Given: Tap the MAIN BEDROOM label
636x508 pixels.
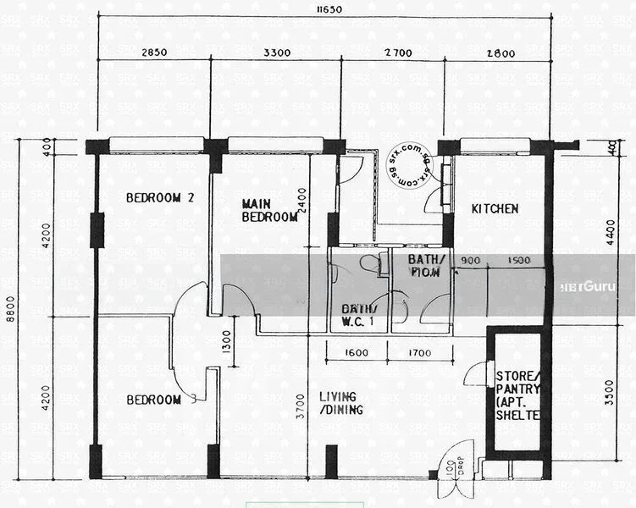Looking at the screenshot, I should [x=269, y=210].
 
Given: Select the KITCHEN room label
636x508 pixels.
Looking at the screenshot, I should [x=495, y=209].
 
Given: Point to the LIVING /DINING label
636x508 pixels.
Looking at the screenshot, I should [x=341, y=403].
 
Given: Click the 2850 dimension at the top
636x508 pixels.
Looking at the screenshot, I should [x=154, y=52].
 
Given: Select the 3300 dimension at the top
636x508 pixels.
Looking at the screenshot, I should [x=277, y=52].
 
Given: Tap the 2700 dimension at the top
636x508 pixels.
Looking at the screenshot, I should [x=398, y=52].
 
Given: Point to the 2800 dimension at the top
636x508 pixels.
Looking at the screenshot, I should [x=501, y=52].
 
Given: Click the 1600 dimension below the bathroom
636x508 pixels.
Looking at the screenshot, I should [x=357, y=353].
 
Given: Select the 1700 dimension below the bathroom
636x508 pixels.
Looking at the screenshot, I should [x=420, y=353].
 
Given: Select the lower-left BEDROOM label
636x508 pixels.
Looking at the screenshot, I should [x=154, y=400].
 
